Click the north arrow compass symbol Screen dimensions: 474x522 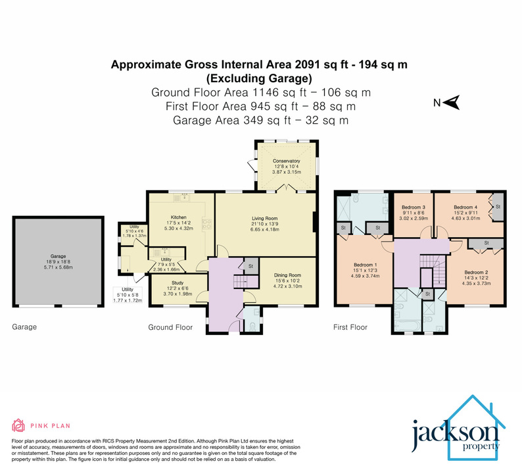click(x=452, y=102)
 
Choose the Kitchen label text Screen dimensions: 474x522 click(x=179, y=217)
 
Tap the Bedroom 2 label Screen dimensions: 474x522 click(x=477, y=272)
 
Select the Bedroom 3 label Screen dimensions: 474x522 click(x=414, y=206)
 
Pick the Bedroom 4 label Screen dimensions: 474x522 click(x=465, y=206)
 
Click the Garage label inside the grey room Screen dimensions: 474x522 click(x=59, y=257)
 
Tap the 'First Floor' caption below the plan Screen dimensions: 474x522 click(x=350, y=327)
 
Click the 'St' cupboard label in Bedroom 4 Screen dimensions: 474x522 click(x=498, y=207)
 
